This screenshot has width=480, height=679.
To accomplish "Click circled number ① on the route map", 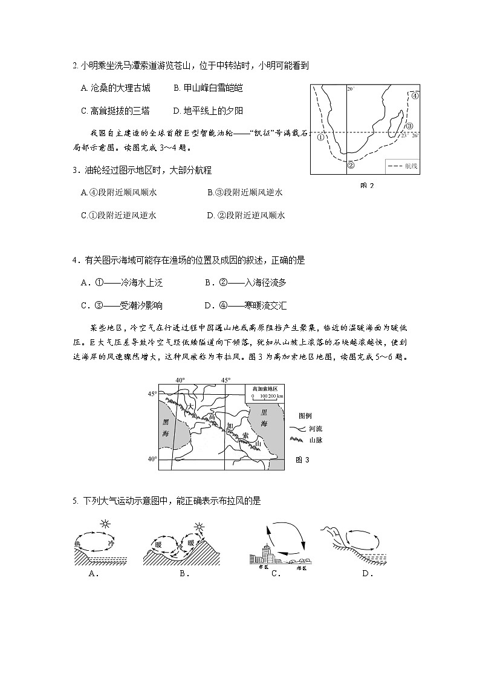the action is pos(321,137).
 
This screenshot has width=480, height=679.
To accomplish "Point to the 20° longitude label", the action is pos(350,89).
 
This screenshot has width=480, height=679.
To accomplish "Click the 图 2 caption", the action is pos(366,186).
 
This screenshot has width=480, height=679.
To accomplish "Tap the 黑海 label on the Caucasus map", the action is pos(165,429).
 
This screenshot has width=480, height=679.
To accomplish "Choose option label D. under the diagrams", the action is pos(367,574).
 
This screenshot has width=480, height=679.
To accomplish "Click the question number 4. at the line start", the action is pos(75,261).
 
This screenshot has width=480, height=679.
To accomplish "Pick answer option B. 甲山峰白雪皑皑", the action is pos(207,88).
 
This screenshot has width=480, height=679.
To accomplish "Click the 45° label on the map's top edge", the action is pos(225,380).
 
